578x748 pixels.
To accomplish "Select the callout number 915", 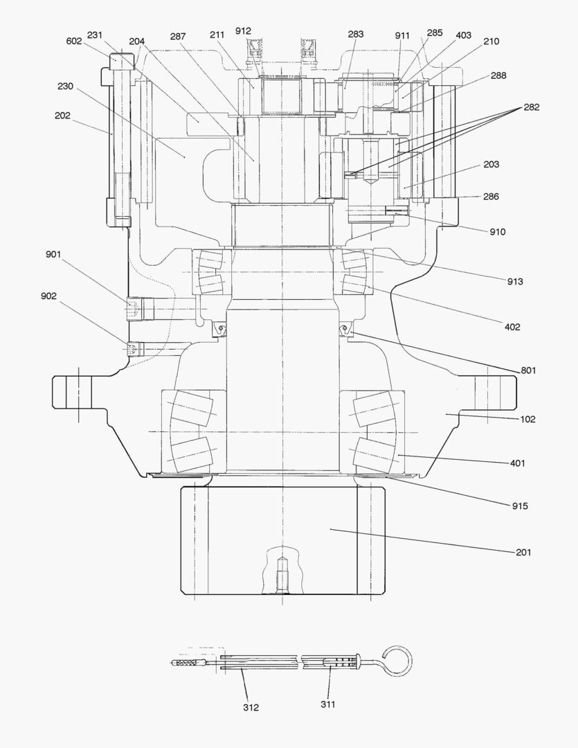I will point(520,506).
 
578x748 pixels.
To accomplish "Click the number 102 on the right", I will point(527,419).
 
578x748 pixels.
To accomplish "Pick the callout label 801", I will point(529,371).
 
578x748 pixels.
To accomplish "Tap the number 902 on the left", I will point(49,296).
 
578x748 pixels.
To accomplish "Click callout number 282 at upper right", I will point(532,107).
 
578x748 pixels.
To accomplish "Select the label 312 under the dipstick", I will point(251,707).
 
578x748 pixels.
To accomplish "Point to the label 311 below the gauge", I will point(327,704).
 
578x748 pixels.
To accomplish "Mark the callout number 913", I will point(514,281).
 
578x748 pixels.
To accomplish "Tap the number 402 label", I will point(512,326).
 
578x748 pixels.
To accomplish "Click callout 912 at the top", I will point(243,30).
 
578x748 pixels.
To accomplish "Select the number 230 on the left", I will point(65,87).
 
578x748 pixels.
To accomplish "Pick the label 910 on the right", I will point(497,231).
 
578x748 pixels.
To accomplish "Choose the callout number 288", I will point(498,75).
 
